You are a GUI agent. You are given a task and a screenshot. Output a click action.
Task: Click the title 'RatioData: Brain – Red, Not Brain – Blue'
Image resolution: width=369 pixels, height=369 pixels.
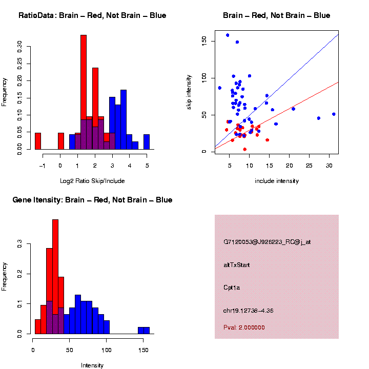[92, 15]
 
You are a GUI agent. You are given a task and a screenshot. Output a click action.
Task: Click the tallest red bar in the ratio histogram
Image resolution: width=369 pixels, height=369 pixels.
[84, 92]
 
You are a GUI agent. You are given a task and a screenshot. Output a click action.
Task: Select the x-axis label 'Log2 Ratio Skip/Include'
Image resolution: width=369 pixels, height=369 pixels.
[92, 181]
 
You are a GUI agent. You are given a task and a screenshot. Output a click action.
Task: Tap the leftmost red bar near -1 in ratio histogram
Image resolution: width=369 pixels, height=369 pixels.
[38, 141]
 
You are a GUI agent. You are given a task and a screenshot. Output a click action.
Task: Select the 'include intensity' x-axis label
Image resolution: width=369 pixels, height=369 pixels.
[277, 181]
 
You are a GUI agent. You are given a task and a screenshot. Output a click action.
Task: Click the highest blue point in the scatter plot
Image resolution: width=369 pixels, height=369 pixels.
[228, 35]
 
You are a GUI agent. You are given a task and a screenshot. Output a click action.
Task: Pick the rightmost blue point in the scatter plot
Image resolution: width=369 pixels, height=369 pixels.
[334, 114]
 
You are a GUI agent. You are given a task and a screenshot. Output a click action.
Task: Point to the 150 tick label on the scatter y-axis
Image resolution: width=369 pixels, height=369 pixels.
[204, 39]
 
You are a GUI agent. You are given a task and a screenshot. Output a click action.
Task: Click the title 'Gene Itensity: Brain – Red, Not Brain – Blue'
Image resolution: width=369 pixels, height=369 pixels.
[92, 200]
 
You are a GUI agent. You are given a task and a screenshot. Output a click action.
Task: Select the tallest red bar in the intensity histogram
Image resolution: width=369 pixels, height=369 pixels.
[55, 277]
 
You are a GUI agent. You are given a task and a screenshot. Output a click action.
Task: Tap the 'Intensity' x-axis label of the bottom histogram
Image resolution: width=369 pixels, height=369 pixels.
[92, 365]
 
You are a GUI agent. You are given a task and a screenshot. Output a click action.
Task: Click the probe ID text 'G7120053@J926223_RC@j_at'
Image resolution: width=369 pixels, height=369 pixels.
[267, 242]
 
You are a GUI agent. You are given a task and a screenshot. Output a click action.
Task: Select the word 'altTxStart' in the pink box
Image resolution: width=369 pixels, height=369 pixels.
[237, 265]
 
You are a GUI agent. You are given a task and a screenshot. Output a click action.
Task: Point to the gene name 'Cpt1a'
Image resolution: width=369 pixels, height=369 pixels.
[232, 288]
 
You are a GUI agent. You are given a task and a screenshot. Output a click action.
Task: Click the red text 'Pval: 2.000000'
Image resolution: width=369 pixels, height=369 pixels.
[244, 327]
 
